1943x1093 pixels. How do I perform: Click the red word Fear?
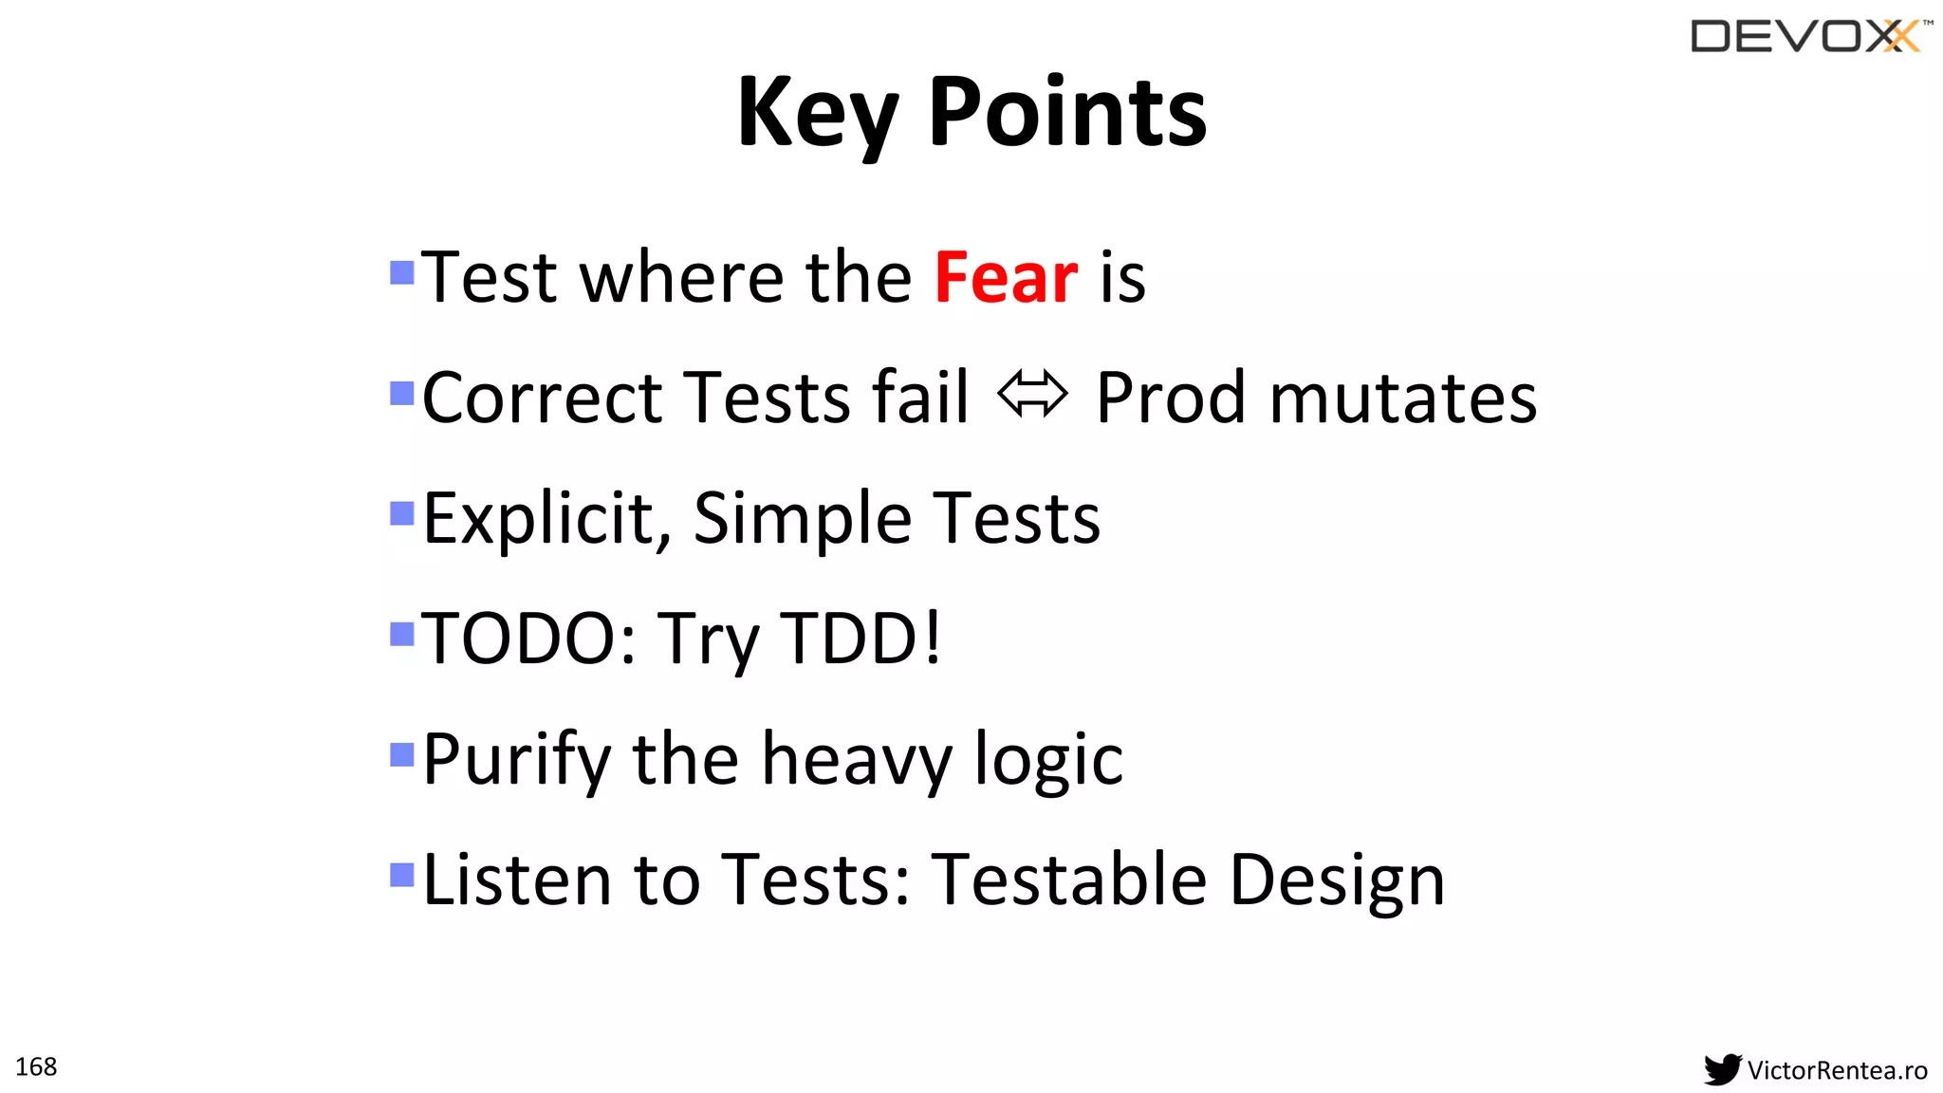[x=1006, y=277]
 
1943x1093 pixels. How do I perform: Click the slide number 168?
[x=36, y=1066]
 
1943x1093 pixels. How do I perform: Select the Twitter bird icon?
[x=1722, y=1069]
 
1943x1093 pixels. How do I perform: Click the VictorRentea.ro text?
[x=1837, y=1070]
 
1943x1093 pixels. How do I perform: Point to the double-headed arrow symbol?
[x=1032, y=395]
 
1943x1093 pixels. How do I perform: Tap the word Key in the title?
[x=817, y=114]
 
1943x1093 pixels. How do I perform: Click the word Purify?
[x=517, y=761]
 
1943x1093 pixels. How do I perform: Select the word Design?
[x=1337, y=881]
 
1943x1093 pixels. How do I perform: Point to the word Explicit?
[x=547, y=519]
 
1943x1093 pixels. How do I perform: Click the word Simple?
[x=802, y=519]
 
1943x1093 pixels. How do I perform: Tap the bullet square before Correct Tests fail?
[x=402, y=393]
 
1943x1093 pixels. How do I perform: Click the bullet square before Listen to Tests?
[x=402, y=874]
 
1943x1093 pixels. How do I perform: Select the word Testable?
[x=1069, y=880]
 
